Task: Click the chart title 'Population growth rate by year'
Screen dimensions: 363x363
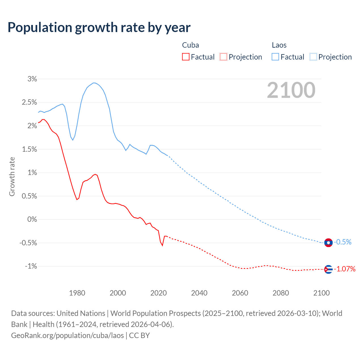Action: tap(99, 28)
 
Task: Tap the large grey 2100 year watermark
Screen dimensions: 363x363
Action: tap(291, 90)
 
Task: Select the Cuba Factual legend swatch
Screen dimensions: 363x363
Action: tap(185, 57)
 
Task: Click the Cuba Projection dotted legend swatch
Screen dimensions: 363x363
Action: tap(223, 57)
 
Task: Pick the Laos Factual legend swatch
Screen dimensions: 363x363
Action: tap(275, 57)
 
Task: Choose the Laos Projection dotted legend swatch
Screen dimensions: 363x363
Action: tap(313, 57)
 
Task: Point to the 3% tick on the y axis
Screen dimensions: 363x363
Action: tap(32, 79)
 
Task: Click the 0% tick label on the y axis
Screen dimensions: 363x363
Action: tap(32, 220)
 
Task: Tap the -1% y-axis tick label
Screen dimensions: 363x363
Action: tap(31, 266)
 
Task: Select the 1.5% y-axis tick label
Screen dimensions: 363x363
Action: tap(29, 149)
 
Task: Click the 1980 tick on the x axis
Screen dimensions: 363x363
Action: tap(77, 293)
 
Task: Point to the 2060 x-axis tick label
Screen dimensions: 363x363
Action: tap(240, 293)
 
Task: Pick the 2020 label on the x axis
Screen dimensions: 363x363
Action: tap(159, 293)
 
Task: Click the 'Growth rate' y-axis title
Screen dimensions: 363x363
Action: tap(12, 176)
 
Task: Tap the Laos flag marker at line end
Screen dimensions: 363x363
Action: tap(328, 243)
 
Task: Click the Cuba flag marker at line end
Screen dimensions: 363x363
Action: tap(328, 269)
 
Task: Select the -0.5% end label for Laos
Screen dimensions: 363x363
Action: tap(343, 242)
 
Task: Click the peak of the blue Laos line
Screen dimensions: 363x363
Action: tap(94, 83)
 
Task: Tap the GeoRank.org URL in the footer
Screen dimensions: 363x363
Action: tap(67, 335)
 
